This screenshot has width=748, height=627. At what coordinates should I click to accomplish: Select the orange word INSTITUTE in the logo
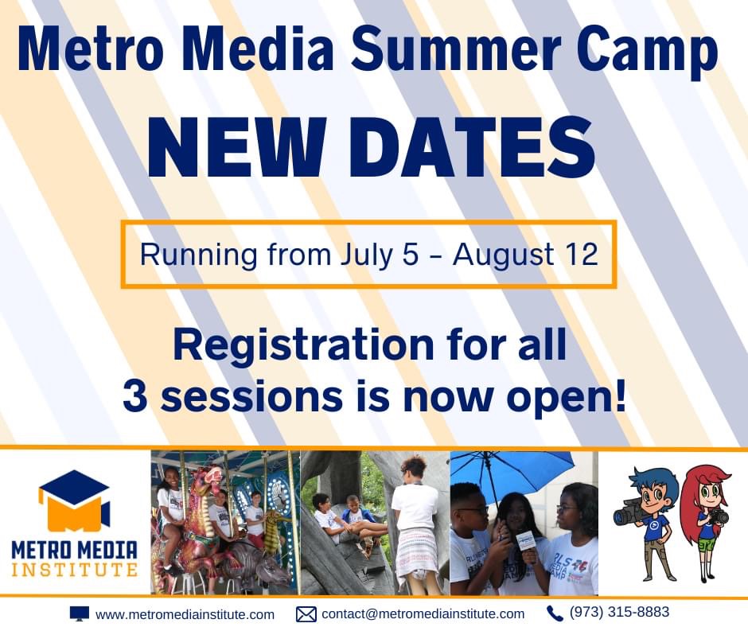[75, 570]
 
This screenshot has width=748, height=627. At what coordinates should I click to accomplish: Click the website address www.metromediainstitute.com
[185, 614]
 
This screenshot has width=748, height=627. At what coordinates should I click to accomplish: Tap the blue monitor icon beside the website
[80, 613]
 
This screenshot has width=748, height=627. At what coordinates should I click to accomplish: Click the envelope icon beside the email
[306, 614]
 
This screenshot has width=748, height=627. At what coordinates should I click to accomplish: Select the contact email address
[423, 613]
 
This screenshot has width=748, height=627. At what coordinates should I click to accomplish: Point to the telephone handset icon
[555, 613]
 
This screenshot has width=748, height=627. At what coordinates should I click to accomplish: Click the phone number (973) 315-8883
[619, 612]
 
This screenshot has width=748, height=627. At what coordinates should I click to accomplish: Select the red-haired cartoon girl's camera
[717, 516]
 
